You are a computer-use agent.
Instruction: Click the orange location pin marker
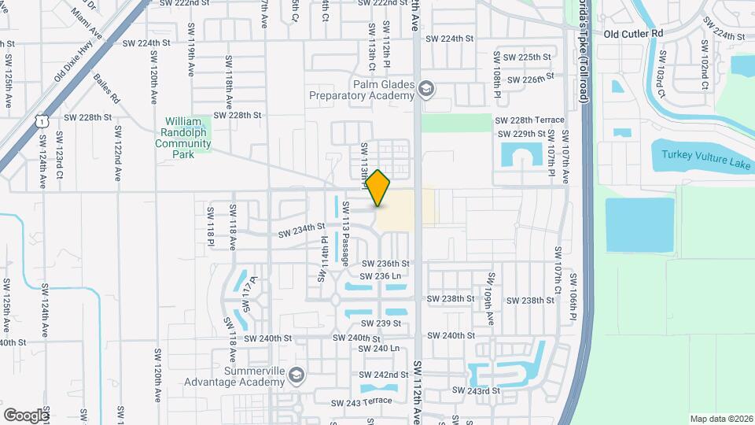click(378, 187)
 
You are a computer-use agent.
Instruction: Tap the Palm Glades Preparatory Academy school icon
click(426, 87)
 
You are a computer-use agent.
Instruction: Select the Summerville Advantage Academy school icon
click(296, 373)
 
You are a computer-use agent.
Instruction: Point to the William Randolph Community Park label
click(184, 138)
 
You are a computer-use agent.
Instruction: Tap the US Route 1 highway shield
click(42, 120)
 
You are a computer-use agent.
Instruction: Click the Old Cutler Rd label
click(633, 34)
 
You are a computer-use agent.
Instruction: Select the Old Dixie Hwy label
click(74, 62)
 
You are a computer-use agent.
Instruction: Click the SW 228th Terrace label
click(528, 120)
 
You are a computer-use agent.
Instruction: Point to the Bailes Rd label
click(105, 88)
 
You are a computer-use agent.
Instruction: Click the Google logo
click(26, 415)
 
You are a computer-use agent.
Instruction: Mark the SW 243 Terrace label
click(361, 402)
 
